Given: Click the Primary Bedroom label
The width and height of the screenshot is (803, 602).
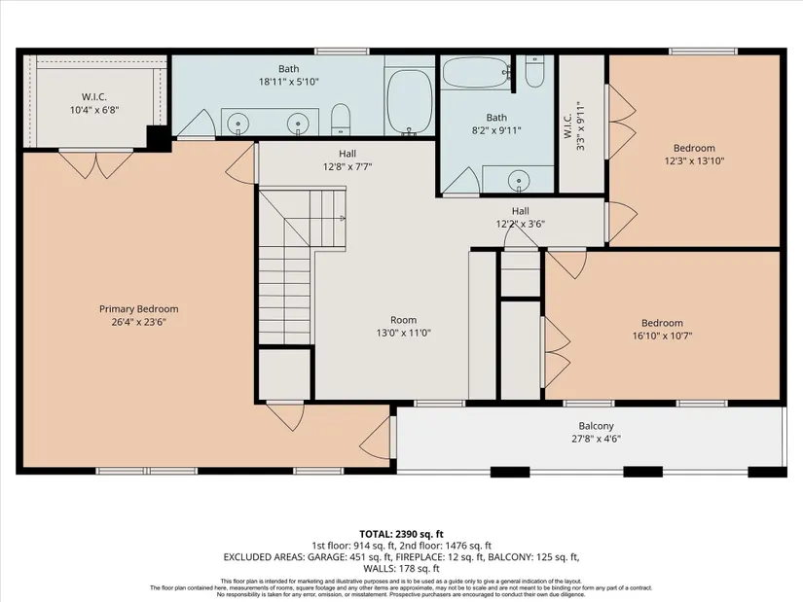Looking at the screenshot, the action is pyautogui.click(x=139, y=309).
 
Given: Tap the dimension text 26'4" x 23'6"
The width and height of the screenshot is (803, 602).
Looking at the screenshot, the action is pyautogui.click(x=139, y=322).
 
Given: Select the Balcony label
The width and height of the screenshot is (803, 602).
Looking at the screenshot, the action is pyautogui.click(x=596, y=426).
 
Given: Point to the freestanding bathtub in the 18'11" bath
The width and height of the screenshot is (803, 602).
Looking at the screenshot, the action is pyautogui.click(x=409, y=101).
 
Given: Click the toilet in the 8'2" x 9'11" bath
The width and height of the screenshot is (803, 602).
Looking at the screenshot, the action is pyautogui.click(x=534, y=71).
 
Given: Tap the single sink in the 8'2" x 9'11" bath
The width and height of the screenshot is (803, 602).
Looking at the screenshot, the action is pyautogui.click(x=519, y=180).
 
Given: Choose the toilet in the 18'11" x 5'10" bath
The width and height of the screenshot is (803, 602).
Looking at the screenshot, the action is pyautogui.click(x=340, y=120).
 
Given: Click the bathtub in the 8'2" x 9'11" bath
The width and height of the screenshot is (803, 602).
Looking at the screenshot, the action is pyautogui.click(x=476, y=73).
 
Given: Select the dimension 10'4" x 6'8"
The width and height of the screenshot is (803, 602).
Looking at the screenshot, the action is pyautogui.click(x=94, y=110).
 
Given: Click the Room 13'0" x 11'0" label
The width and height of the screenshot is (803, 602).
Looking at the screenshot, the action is pyautogui.click(x=404, y=327).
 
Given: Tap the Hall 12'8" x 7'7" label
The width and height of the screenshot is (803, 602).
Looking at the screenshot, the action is pyautogui.click(x=347, y=160).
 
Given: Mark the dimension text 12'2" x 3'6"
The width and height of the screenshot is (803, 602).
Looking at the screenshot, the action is pyautogui.click(x=521, y=224).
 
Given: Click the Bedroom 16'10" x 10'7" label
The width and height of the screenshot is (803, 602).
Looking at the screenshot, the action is pyautogui.click(x=662, y=330).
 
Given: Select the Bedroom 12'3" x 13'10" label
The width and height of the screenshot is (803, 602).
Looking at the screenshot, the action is pyautogui.click(x=694, y=155).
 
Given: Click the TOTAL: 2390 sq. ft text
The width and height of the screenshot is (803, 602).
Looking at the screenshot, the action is pyautogui.click(x=401, y=535).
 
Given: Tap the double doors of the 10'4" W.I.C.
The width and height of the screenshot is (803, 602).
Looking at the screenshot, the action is pyautogui.click(x=96, y=163).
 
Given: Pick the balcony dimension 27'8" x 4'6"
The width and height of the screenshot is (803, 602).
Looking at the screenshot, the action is pyautogui.click(x=596, y=439).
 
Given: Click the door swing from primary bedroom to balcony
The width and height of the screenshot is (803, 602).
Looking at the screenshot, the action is pyautogui.click(x=377, y=438).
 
